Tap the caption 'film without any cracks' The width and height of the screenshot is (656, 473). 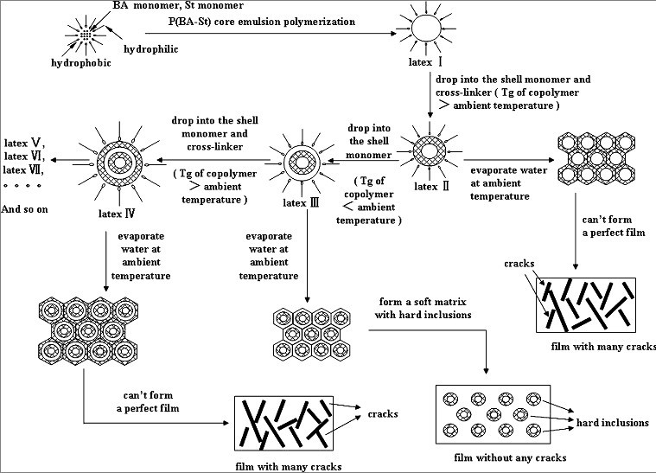(501, 454)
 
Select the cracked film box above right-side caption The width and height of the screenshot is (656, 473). (585, 305)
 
